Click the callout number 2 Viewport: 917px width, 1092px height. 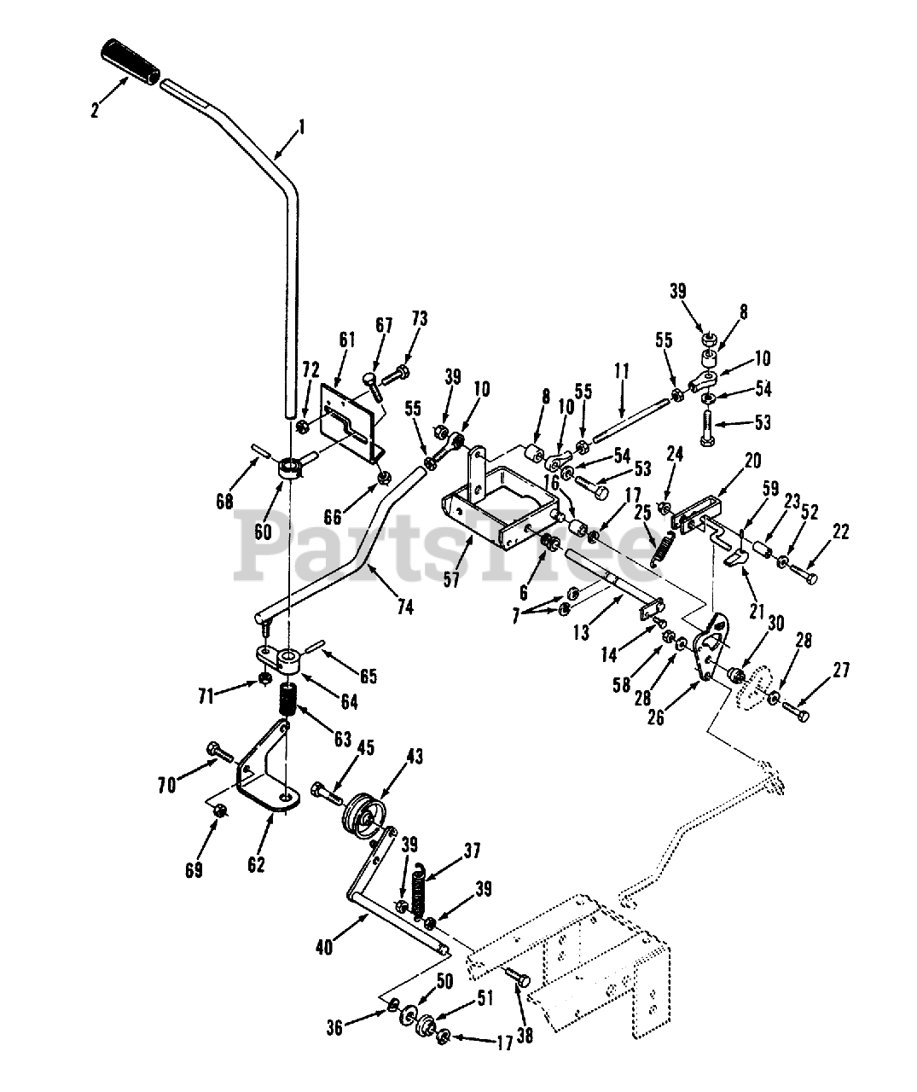click(96, 109)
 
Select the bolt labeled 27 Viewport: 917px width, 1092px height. click(795, 711)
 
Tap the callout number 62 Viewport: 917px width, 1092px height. click(257, 865)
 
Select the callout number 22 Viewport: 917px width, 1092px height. click(841, 533)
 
